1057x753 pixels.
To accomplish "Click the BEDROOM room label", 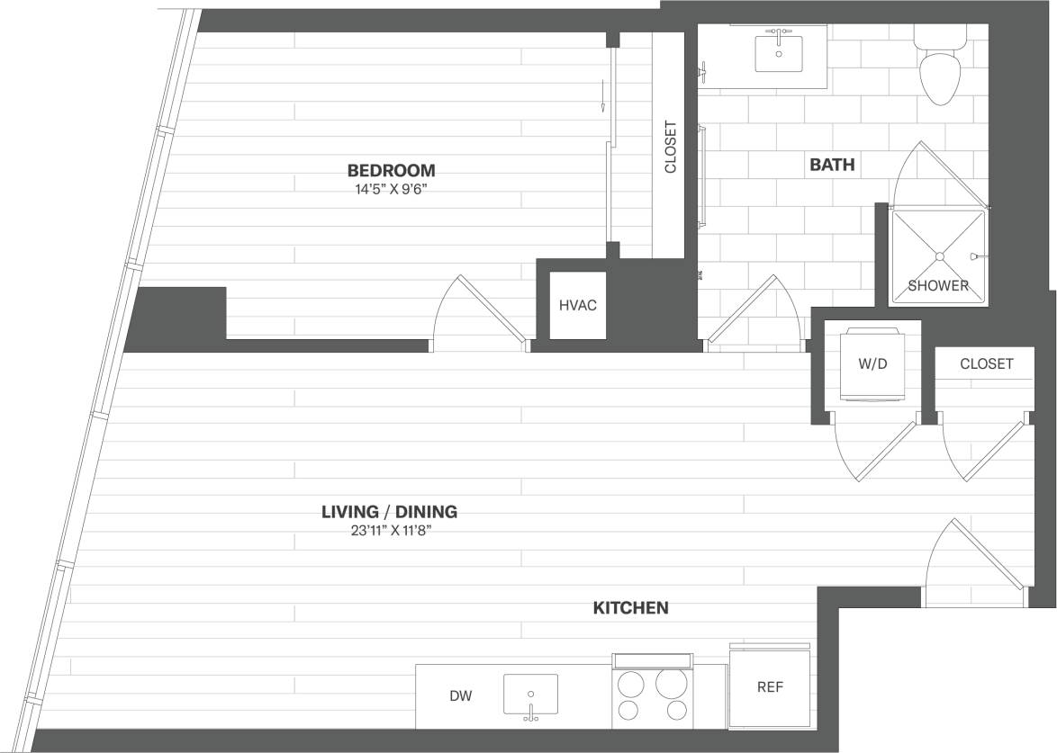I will pos(391,170).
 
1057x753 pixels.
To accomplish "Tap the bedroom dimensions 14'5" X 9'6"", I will pos(391,190).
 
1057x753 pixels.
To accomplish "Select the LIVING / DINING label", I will pos(389,512).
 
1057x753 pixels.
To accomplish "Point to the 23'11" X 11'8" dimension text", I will pos(389,532).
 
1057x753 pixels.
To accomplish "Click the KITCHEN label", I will pos(630,608).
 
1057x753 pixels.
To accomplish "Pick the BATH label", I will pos(832,165).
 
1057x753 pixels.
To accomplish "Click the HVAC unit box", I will pos(577,305).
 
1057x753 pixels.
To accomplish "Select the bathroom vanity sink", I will pos(778,53).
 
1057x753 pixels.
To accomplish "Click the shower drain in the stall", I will pos(939,256).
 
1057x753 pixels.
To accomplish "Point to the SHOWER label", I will pos(938,286).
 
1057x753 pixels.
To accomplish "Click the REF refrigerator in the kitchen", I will pos(769,687).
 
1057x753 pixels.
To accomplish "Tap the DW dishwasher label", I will pos(460,695).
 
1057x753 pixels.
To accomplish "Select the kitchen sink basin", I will pos(530,694).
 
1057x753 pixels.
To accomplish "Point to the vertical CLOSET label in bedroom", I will pos(669,148).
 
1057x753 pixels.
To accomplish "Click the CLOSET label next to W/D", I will pos(986,363).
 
